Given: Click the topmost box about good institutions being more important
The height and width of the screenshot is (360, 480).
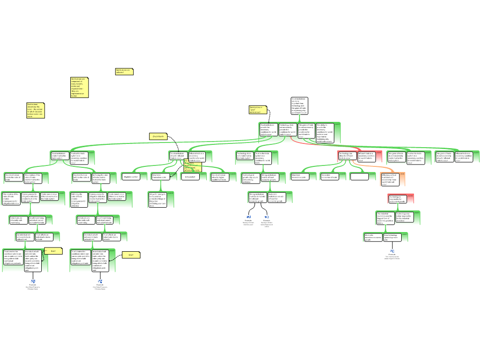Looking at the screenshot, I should [x=299, y=106].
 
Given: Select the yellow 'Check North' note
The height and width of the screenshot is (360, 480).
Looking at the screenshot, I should [x=158, y=136].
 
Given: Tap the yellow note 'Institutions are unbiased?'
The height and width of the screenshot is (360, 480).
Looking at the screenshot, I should [x=124, y=72].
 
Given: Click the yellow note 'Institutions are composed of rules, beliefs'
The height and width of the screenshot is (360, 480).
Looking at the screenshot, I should [x=79, y=87].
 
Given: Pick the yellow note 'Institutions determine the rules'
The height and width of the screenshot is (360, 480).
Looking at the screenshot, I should [x=35, y=111].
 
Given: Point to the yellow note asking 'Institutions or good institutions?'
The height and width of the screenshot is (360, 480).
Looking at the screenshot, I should [x=258, y=110].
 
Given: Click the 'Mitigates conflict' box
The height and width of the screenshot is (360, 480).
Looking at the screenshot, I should [x=131, y=177].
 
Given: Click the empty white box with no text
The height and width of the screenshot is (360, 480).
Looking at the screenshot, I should [x=359, y=177].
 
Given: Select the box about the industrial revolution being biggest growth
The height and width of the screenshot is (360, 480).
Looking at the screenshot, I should [x=385, y=218].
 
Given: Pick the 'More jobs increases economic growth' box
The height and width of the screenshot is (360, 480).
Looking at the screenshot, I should [x=373, y=237].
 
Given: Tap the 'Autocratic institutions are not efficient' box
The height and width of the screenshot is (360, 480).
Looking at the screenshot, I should [x=277, y=197].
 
